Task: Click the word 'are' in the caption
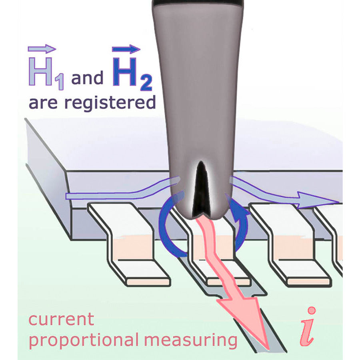[x=44, y=104]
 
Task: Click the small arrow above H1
[x=42, y=49]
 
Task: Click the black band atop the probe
[x=198, y=3]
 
